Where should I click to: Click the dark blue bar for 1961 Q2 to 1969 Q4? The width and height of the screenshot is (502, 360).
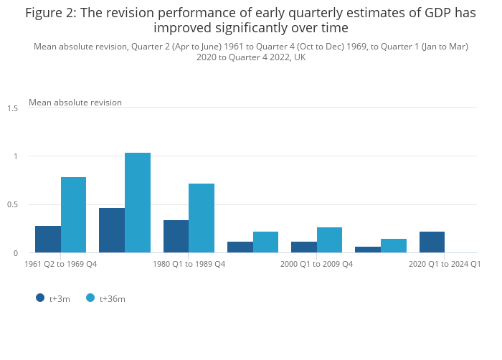[x=48, y=240]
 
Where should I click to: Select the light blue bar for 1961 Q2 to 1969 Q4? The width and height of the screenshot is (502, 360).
[x=73, y=215]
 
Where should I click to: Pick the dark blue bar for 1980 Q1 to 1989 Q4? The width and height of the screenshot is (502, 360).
[x=176, y=237]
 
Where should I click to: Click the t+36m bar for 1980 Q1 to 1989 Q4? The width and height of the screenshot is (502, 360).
[x=202, y=218]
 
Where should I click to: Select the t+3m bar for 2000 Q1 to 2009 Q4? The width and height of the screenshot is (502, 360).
[x=303, y=247]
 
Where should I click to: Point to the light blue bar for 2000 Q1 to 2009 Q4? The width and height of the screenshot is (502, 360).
[x=329, y=240]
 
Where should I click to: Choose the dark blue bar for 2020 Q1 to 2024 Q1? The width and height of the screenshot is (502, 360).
[x=432, y=242]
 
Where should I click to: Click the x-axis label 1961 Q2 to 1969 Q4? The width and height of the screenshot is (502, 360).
[x=60, y=265]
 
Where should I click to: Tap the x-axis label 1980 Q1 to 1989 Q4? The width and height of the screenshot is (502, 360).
[x=189, y=265]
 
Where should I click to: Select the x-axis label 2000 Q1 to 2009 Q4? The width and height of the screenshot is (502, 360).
[x=316, y=265]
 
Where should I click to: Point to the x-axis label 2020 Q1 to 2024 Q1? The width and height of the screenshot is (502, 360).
[x=444, y=265]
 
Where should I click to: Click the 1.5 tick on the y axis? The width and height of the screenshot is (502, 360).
[x=13, y=108]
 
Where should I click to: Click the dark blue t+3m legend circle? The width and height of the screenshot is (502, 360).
[x=40, y=298]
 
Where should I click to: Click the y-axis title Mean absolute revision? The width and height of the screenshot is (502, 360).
[x=75, y=103]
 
